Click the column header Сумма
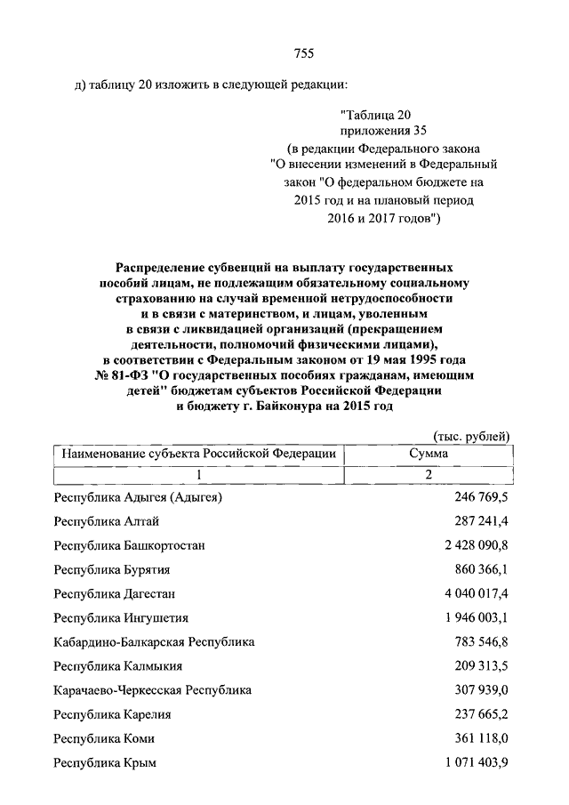tap(428, 454)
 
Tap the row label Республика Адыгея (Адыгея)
tap(138, 496)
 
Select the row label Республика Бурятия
tap(112, 569)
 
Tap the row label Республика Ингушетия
tap(121, 617)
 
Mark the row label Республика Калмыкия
tap(118, 665)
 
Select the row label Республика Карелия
tap(113, 714)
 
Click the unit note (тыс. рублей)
tap(471, 435)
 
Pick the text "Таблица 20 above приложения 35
tap(375, 114)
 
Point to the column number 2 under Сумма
tap(428, 474)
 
